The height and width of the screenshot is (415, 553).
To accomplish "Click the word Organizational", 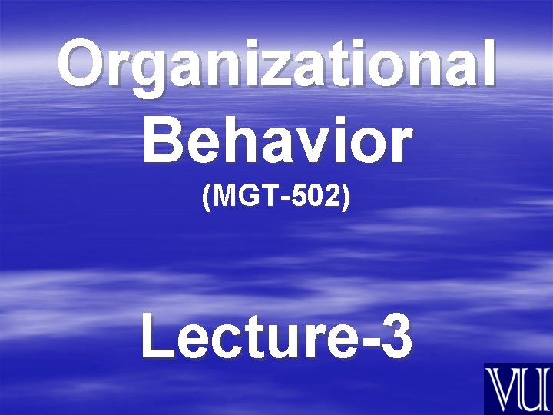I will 276,65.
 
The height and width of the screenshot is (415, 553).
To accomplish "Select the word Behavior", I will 276,141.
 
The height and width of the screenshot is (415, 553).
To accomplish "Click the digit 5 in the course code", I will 298,198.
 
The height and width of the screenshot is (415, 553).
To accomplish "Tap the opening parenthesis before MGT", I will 205,199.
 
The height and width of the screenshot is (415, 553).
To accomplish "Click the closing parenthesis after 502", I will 347,199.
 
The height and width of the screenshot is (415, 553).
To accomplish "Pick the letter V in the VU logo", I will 504,388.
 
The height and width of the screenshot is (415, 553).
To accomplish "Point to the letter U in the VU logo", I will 534,388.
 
